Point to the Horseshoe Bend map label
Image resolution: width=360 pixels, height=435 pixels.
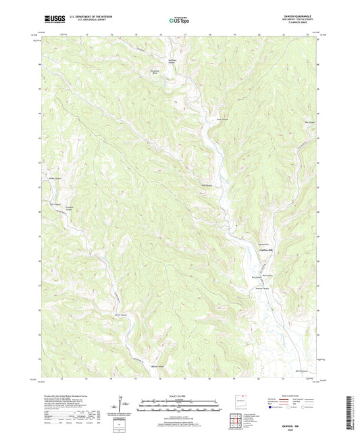click(154, 70)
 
